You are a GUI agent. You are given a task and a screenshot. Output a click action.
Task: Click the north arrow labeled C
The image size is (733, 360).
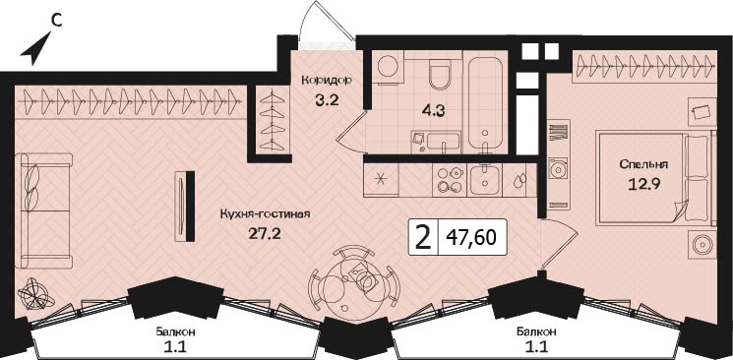[37, 47]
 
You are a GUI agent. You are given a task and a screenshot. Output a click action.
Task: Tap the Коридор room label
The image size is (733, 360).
[326, 80]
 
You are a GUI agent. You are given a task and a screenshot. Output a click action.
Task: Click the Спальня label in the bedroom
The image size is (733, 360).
[643, 164]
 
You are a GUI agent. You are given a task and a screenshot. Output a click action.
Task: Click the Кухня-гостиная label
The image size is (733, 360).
[266, 214]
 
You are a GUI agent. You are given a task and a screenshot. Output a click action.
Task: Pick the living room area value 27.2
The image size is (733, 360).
[266, 234]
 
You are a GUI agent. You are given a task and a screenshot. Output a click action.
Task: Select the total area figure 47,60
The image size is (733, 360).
[470, 238]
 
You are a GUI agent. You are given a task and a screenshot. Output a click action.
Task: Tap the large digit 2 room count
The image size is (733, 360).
[423, 237]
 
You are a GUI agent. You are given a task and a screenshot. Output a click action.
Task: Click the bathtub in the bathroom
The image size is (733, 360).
[485, 104]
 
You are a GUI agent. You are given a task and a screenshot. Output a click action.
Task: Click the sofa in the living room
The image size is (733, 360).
[43, 210]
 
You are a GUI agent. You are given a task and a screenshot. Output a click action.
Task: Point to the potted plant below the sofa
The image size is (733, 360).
[36, 294]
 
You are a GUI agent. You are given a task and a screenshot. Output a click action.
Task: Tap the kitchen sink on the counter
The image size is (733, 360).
[485, 179]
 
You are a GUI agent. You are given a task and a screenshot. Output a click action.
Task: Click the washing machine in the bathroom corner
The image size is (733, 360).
[387, 68]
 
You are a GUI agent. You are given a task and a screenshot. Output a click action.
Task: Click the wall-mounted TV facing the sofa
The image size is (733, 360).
[186, 207]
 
